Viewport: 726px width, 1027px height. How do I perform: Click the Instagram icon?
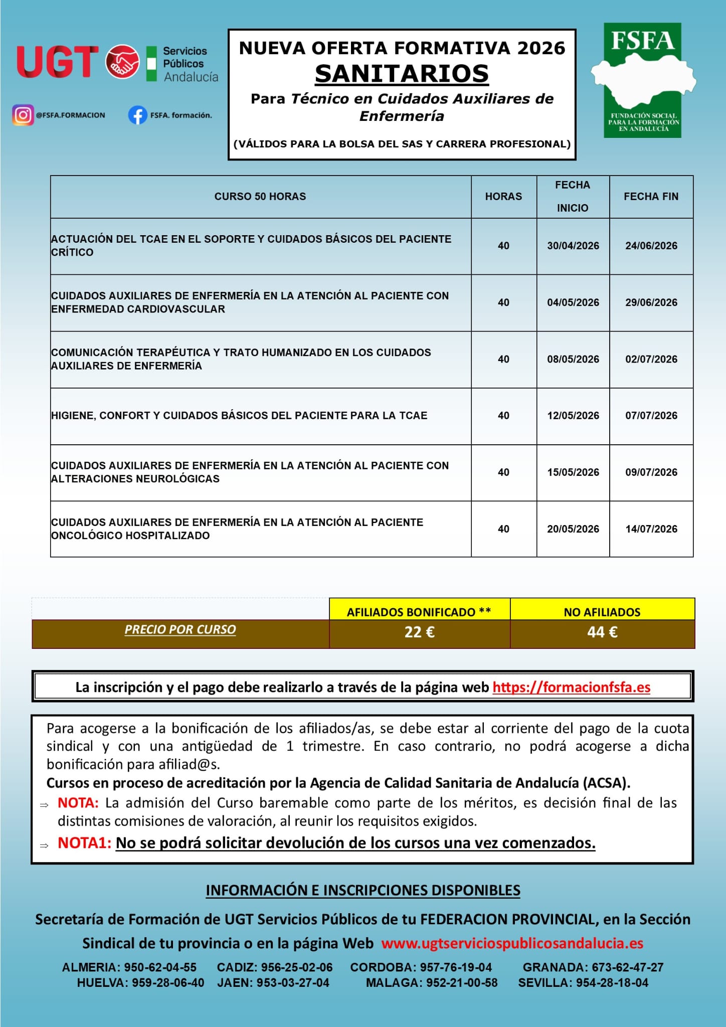(23, 115)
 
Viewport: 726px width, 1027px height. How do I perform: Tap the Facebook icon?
(137, 115)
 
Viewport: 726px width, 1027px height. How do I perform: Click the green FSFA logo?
(643, 80)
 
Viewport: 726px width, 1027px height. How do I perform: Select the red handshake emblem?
(122, 62)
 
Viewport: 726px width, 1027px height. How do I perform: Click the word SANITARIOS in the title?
(402, 74)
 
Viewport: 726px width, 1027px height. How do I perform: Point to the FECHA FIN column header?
(651, 197)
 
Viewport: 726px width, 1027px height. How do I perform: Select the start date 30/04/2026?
(573, 246)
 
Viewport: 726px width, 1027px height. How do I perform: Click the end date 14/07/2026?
(651, 529)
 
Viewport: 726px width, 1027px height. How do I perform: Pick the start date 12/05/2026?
(573, 415)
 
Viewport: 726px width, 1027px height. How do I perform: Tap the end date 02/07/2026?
(651, 359)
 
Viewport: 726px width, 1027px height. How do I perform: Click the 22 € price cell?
(419, 632)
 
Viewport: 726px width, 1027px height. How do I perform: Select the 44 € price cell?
(602, 632)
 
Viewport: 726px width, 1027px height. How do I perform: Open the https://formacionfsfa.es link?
(571, 687)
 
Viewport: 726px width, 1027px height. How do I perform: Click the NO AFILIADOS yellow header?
(602, 612)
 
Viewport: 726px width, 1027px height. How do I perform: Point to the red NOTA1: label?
(84, 843)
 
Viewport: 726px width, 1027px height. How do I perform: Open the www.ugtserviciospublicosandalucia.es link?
(512, 943)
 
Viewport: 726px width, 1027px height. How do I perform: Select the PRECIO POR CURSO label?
(180, 629)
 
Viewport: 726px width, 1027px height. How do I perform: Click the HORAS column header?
(503, 197)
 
